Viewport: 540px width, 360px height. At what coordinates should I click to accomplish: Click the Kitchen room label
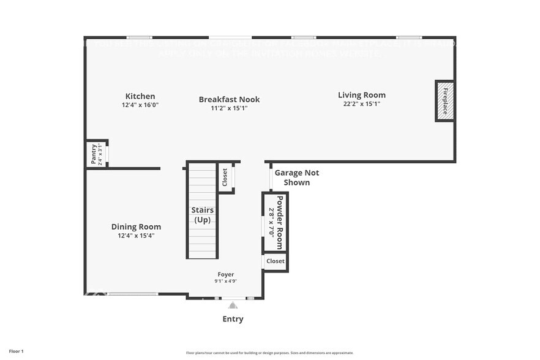coord(140,96)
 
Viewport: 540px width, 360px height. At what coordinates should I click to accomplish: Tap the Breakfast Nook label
coord(229,99)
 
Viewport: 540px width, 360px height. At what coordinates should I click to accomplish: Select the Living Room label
coord(362,95)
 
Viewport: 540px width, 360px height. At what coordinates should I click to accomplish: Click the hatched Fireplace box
coord(445,101)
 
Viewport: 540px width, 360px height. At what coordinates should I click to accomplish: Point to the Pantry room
coord(96,154)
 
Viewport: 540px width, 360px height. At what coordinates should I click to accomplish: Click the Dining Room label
coord(136,227)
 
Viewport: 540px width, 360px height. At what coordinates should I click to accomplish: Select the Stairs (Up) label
coord(202,215)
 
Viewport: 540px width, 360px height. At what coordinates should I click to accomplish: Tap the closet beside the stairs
coord(225,178)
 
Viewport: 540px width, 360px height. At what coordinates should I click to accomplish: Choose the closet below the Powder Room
coord(276,261)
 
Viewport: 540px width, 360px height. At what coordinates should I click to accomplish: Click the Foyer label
coord(226,274)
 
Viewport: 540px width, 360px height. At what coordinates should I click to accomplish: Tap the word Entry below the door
coord(233,319)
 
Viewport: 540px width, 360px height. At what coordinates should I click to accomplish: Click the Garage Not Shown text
coord(296,178)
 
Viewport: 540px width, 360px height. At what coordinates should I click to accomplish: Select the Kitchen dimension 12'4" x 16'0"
coord(140,105)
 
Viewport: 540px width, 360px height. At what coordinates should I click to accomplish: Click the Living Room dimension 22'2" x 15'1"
coord(362,103)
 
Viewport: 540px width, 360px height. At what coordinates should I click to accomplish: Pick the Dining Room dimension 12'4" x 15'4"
coord(136,235)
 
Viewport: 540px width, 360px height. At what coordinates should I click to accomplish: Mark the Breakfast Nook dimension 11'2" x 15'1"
coord(229,108)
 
